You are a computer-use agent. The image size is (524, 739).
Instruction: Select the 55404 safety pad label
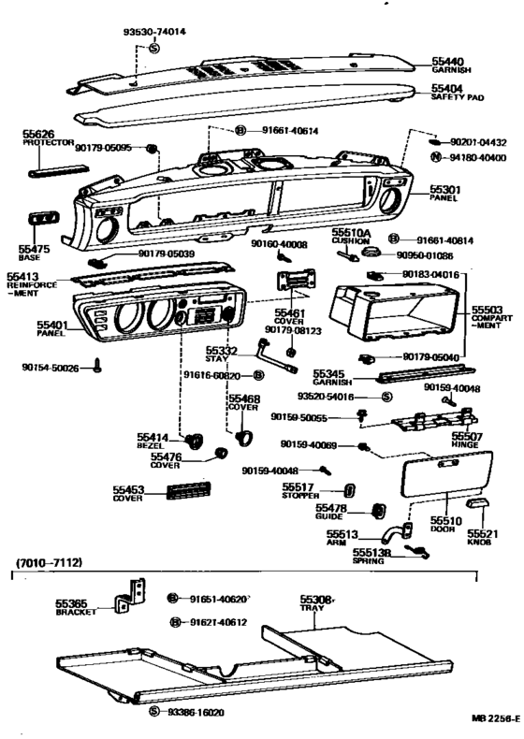(446, 87)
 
